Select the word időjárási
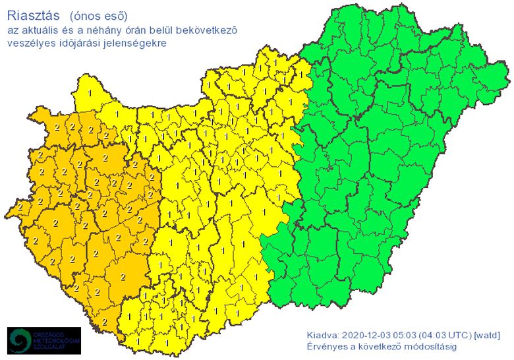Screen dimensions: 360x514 pyautogui.click(x=76, y=43)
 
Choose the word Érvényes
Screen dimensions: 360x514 pyautogui.click(x=326, y=346)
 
